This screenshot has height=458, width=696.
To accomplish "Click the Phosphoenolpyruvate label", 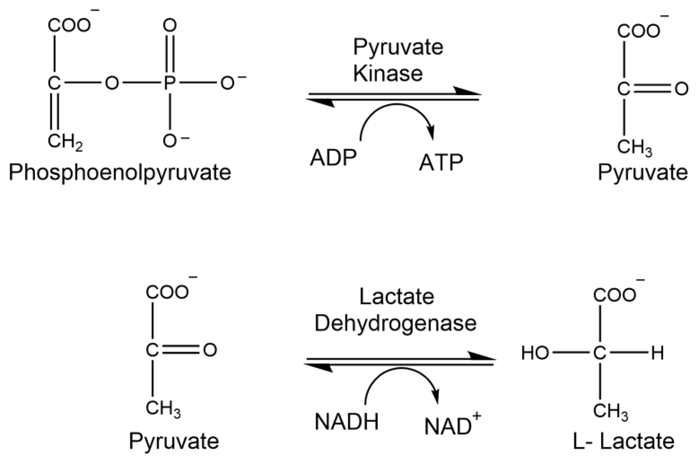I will tap(120, 173).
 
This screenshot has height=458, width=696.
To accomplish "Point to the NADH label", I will tap(347, 422).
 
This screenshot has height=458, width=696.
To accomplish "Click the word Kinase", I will tap(388, 73).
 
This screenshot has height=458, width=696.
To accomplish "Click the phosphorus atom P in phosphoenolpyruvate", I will tap(170, 83).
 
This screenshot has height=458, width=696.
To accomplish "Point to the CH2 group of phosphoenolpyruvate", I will tap(65, 141).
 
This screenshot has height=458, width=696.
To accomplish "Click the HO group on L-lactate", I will tap(535, 353).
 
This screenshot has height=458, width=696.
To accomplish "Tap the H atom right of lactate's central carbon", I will tap(657, 353).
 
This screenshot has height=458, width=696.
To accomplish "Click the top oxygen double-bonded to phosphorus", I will tap(170, 25).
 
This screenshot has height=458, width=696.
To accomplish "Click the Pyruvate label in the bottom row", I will tap(174, 441).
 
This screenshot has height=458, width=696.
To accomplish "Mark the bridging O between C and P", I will tap(112, 83).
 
